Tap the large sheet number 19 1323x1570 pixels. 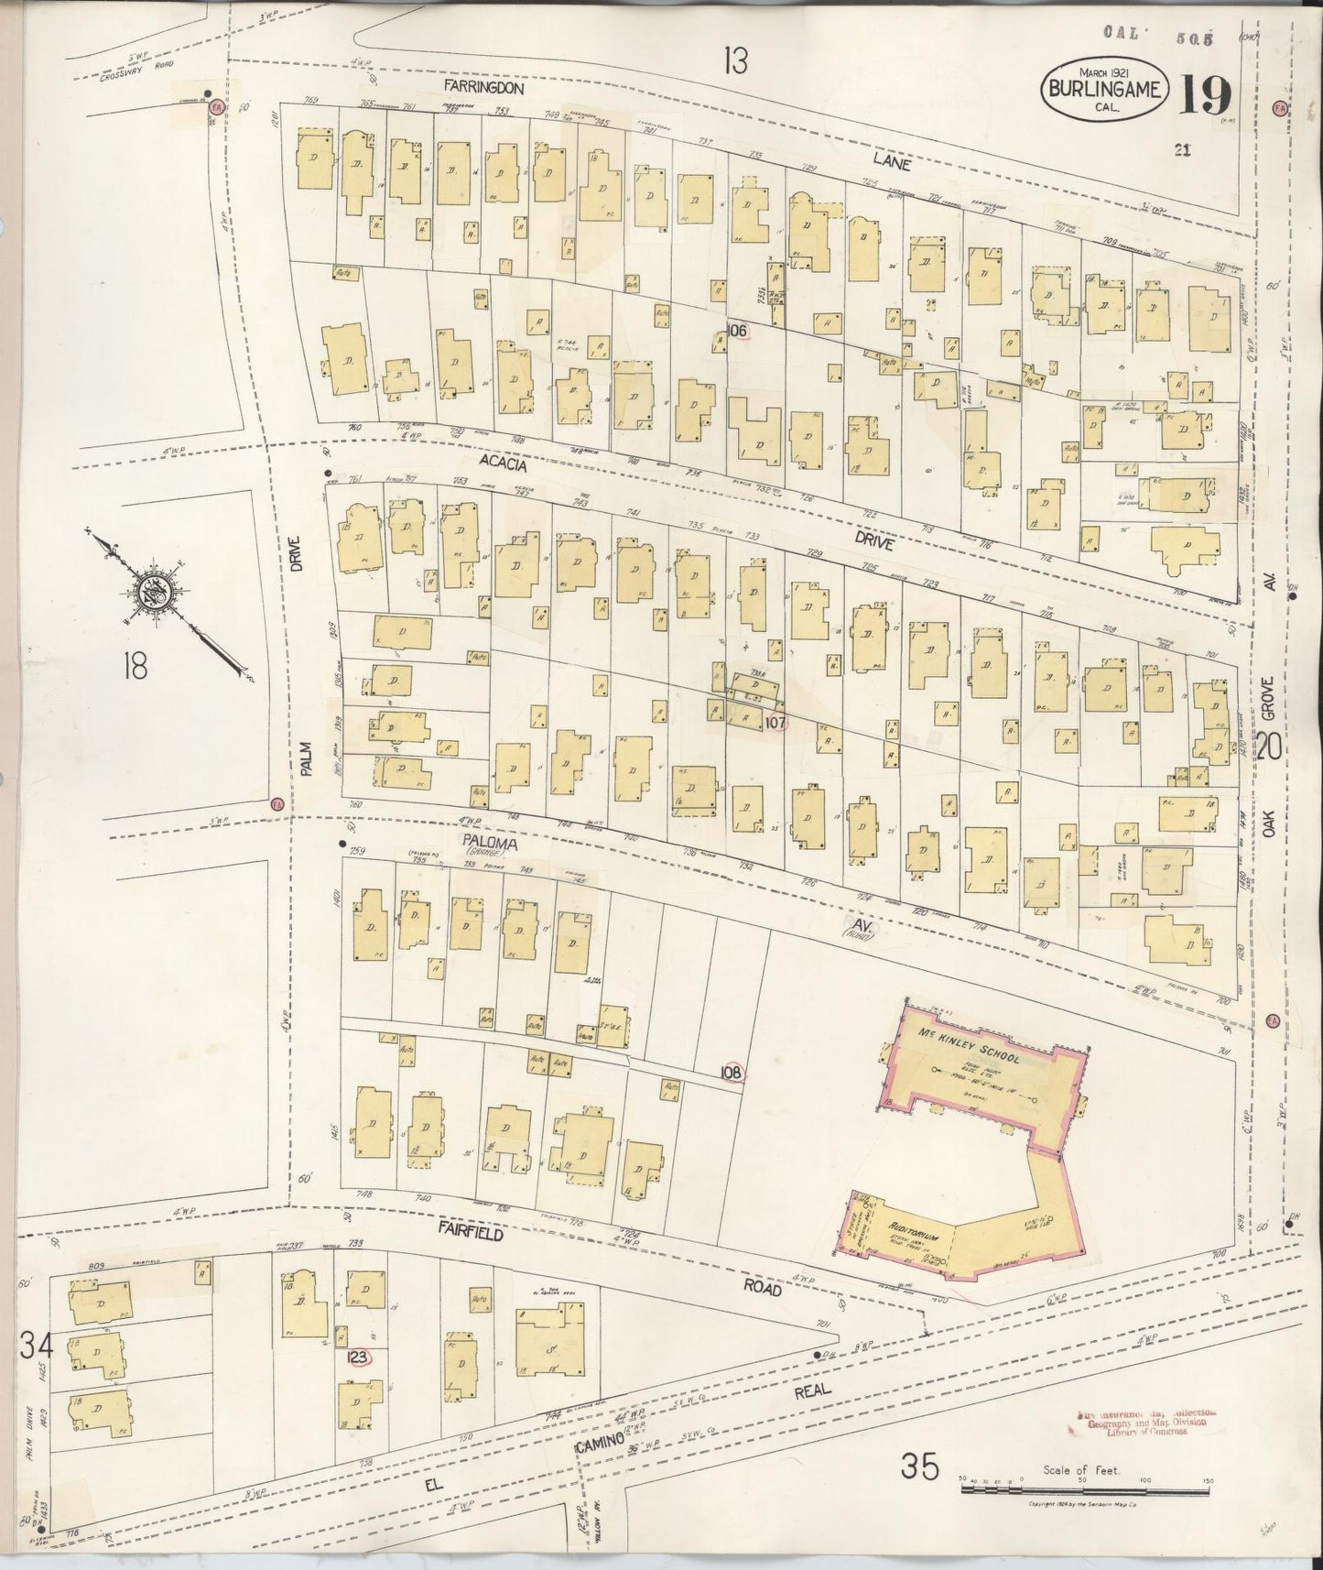[1204, 93]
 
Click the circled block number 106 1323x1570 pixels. [738, 329]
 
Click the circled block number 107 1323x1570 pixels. [775, 723]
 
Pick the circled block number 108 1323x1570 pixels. [732, 1072]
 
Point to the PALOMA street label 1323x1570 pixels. [494, 843]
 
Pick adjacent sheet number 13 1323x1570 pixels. [733, 62]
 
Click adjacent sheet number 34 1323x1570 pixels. [35, 1346]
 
